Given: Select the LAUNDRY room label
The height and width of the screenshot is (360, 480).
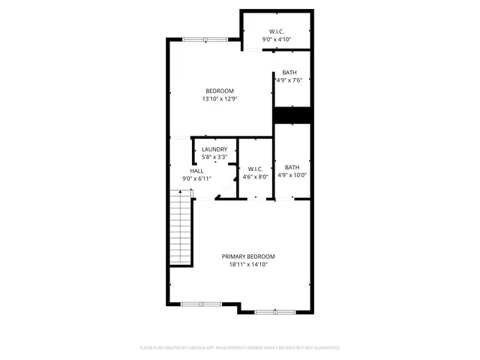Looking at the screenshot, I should [x=214, y=149].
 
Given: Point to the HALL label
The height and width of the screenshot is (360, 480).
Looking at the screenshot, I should [x=196, y=171].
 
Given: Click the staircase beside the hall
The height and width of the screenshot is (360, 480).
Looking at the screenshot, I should [x=181, y=228].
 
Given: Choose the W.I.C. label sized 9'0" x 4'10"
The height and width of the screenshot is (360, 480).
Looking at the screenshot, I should [x=276, y=31].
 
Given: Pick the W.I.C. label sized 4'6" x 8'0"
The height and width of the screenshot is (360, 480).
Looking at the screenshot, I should [x=255, y=169].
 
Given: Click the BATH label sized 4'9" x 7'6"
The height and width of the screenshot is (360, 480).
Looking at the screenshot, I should [x=289, y=72].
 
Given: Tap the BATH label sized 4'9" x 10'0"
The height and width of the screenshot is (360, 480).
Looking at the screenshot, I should [x=292, y=167].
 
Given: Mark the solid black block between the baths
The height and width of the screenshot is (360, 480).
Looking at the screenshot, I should [x=292, y=115].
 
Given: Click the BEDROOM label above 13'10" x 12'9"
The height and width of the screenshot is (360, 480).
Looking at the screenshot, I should [x=220, y=91].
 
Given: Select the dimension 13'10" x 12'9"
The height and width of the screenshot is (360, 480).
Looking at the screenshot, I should [x=220, y=99].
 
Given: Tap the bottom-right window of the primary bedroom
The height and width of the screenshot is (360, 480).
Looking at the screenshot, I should [x=274, y=311].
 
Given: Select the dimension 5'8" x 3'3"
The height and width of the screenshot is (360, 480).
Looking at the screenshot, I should [x=214, y=157].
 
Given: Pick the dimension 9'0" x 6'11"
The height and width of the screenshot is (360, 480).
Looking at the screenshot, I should [x=196, y=179].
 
